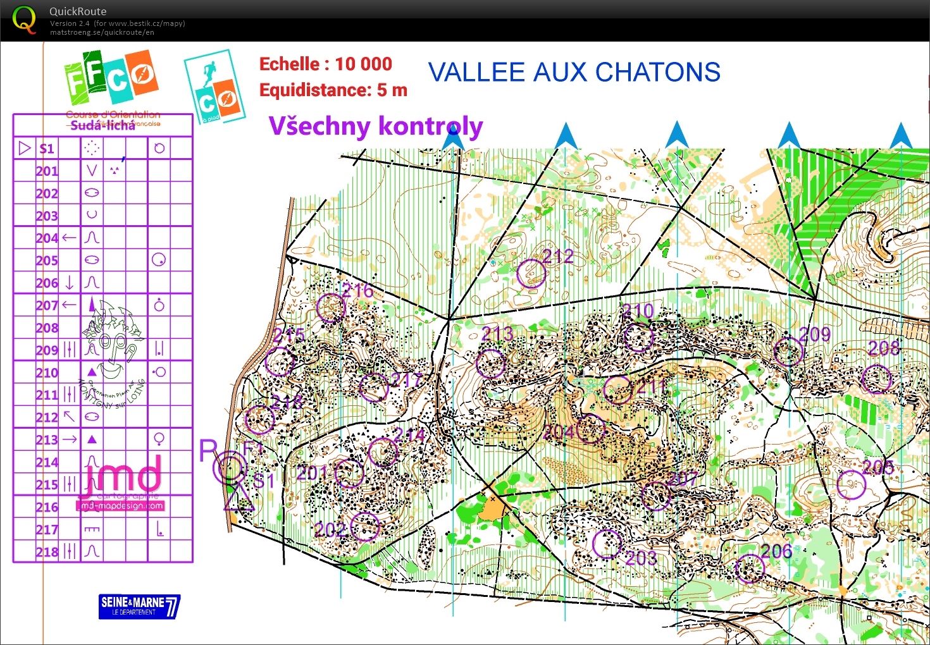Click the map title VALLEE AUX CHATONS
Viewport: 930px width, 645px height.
574,73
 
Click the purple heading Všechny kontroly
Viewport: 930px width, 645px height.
376,126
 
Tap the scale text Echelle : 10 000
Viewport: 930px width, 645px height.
325,64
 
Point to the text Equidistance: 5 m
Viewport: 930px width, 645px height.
333,90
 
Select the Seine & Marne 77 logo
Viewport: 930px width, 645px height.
139,606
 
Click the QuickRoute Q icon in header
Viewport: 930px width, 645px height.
24,20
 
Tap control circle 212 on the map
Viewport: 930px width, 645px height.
531,273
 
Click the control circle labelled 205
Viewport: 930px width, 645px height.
851,485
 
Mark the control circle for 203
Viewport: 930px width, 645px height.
607,544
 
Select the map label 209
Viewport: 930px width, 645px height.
815,335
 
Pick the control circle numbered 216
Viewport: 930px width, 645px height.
331,308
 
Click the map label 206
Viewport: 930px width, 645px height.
776,551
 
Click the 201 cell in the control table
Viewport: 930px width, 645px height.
47,171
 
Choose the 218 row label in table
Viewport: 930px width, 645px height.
47,551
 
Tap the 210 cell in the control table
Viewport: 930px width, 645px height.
47,372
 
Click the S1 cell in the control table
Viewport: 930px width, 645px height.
47,149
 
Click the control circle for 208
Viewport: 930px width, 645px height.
877,379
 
